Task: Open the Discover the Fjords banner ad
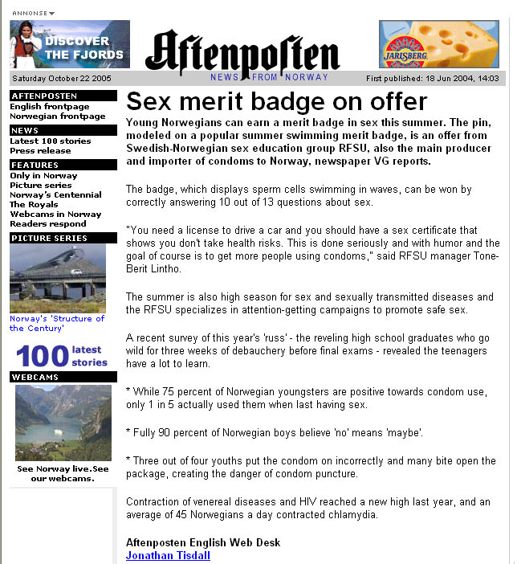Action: pyautogui.click(x=70, y=45)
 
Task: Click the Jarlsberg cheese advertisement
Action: pyautogui.click(x=439, y=45)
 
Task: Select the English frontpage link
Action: pyautogui.click(x=50, y=107)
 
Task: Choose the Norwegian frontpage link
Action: pyautogui.click(x=58, y=116)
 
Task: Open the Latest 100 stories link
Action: pyautogui.click(x=51, y=141)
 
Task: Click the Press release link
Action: pyautogui.click(x=40, y=151)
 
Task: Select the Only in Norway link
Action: pyautogui.click(x=44, y=176)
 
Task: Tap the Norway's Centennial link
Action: pyautogui.click(x=56, y=195)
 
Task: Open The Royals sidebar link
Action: pyautogui.click(x=34, y=205)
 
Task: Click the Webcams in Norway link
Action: pyautogui.click(x=56, y=215)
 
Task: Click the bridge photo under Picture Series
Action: pyautogui.click(x=58, y=278)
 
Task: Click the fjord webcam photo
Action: pyautogui.click(x=63, y=421)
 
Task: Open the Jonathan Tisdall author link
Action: pyautogui.click(x=168, y=555)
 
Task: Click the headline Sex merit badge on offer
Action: pyautogui.click(x=277, y=101)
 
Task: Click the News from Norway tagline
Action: pyautogui.click(x=270, y=77)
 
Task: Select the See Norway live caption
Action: pyautogui.click(x=63, y=474)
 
